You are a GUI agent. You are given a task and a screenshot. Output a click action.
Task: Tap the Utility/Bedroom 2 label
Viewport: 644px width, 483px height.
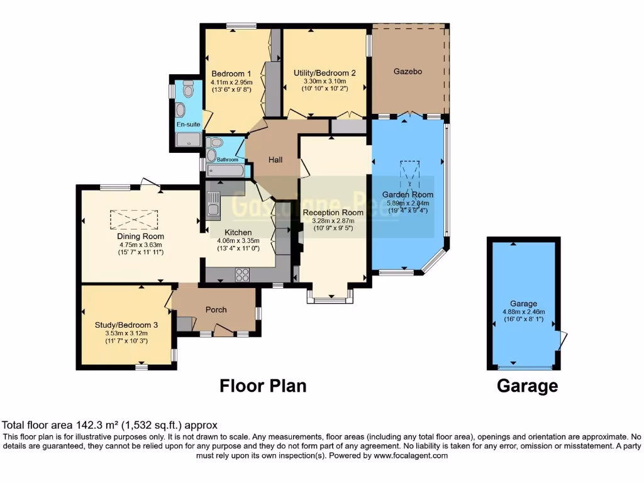click(x=325, y=73)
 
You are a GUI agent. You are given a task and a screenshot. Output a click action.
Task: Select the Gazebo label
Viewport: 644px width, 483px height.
click(x=408, y=72)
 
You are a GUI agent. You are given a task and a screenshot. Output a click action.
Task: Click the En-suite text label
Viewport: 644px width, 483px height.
click(x=188, y=125)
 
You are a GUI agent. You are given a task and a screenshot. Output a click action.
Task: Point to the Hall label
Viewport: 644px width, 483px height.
click(x=275, y=160)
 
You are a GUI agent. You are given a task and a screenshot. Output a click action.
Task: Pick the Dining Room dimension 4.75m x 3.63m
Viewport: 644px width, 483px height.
click(x=141, y=245)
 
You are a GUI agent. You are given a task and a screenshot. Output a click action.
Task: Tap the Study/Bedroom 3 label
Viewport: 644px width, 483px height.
click(x=126, y=325)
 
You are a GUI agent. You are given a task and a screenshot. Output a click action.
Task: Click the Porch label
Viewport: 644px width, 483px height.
click(x=216, y=309)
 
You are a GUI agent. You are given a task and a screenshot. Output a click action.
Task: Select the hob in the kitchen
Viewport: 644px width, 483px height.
click(x=242, y=274)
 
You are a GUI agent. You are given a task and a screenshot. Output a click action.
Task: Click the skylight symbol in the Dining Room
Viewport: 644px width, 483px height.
click(x=134, y=219)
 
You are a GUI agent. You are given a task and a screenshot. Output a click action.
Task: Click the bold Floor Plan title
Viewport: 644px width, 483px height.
click(x=263, y=386)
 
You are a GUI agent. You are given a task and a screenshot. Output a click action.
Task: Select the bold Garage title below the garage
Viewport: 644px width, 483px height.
click(x=527, y=386)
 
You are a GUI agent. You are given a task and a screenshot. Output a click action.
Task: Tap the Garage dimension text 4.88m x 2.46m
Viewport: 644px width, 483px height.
click(x=523, y=312)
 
